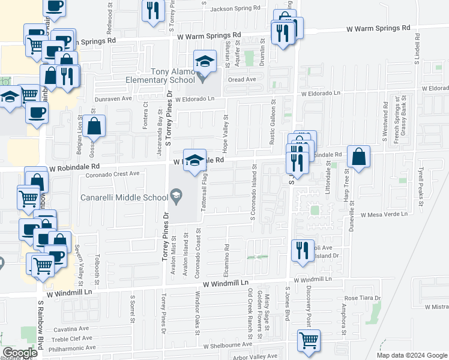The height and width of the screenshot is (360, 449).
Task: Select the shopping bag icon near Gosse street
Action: [95, 126]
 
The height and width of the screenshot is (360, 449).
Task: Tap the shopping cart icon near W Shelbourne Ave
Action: [309, 341]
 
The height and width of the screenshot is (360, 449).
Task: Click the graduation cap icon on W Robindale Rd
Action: [194, 160]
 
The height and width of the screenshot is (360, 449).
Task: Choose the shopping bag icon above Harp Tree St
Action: [358, 157]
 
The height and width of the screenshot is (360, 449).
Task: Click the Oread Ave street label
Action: [242, 79]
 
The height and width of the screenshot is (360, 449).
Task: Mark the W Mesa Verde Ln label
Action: [384, 214]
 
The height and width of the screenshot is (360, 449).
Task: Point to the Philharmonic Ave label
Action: [67, 347]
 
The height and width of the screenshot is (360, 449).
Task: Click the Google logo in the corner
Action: [20, 353]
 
